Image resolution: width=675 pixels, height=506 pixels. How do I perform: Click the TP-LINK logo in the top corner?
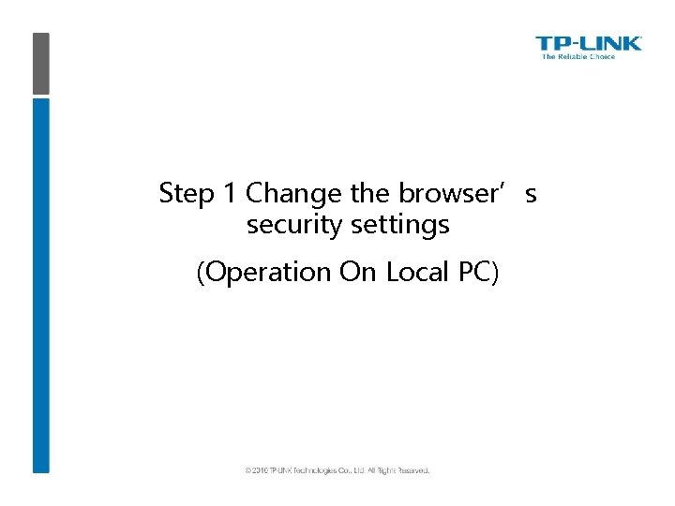588,43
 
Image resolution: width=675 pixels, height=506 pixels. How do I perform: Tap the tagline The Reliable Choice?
578,57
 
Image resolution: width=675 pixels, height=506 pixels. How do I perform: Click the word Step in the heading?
187,194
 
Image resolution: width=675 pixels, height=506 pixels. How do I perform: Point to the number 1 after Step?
230,194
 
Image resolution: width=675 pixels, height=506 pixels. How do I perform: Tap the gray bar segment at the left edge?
40,64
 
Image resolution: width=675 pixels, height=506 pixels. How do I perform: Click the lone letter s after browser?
531,194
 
